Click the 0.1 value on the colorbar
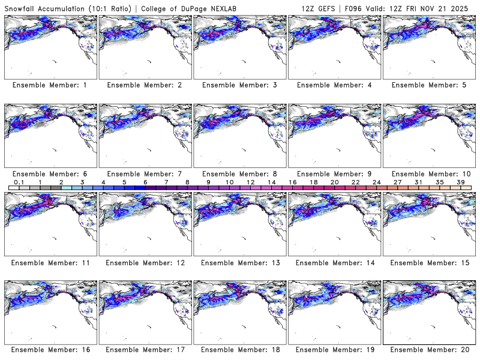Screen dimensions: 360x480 point(19,182)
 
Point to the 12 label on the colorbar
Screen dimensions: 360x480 point(250,182)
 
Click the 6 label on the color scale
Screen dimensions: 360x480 point(145,182)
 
